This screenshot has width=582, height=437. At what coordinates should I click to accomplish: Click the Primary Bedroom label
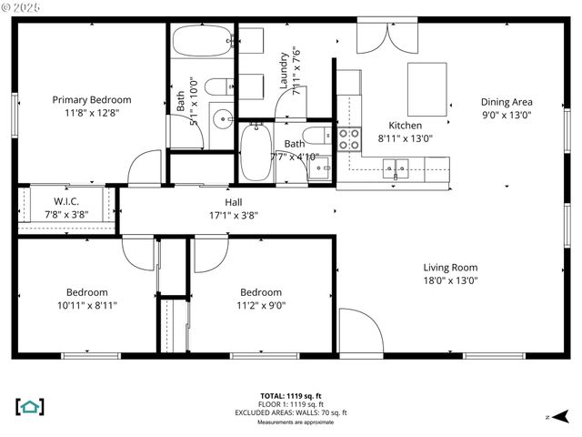[91, 100]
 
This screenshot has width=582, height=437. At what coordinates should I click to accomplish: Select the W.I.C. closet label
[65, 201]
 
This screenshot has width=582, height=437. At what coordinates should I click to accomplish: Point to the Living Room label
[450, 268]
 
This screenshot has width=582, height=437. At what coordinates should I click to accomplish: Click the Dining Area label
[507, 103]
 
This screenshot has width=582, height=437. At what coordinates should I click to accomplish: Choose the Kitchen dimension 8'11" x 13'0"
[405, 139]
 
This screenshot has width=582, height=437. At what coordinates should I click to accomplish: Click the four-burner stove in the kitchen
[349, 138]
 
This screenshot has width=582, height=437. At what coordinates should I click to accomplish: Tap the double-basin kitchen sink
[396, 167]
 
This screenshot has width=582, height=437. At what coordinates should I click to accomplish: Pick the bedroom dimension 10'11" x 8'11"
[86, 305]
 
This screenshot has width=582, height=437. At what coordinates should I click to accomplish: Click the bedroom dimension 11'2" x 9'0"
[260, 305]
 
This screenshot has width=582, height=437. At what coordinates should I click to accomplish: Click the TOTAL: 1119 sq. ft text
[290, 395]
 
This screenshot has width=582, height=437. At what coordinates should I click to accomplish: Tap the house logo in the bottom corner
[30, 407]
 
